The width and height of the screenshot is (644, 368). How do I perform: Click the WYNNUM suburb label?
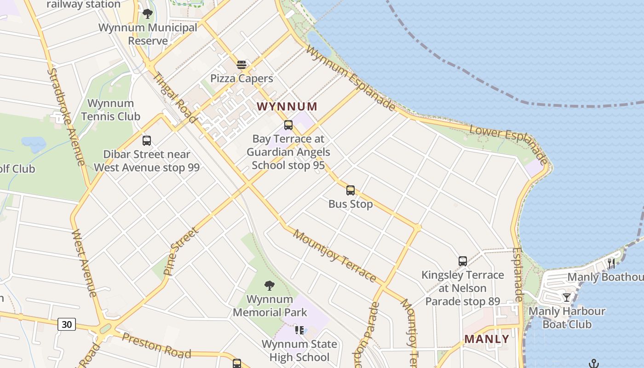click(287, 107)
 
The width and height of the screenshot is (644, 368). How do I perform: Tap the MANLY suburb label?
click(487, 339)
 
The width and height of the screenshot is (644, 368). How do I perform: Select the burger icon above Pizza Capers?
click(241, 65)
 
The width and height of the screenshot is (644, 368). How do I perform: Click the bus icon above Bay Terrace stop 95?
click(288, 125)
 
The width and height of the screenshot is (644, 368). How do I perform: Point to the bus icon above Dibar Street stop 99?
click(147, 141)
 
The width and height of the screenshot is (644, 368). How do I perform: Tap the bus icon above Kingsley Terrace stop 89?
click(463, 261)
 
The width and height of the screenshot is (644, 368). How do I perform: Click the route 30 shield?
click(67, 324)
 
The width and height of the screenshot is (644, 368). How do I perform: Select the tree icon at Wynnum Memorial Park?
click(270, 286)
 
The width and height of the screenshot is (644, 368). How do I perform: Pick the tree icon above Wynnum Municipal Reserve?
click(148, 14)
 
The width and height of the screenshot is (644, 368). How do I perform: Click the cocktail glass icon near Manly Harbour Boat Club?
click(567, 298)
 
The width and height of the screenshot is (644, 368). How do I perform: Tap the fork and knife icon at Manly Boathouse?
click(611, 264)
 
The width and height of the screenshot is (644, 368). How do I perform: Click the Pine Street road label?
click(181, 251)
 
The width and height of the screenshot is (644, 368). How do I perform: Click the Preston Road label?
click(156, 345)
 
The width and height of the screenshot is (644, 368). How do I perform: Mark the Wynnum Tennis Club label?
click(110, 110)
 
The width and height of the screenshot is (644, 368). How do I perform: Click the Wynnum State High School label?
click(299, 351)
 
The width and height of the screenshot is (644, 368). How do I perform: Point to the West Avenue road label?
click(84, 263)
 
